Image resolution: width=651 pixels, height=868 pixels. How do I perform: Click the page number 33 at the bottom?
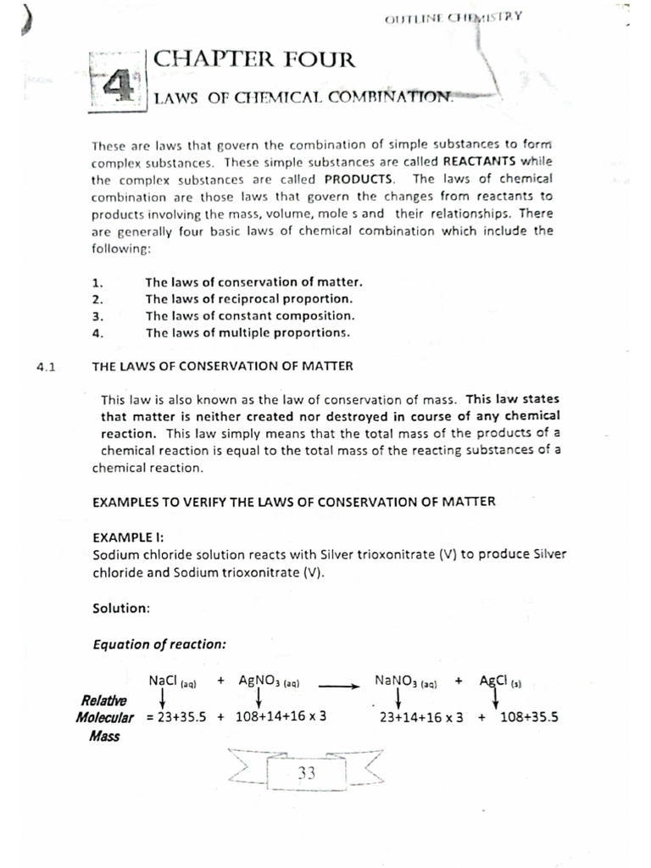[306, 773]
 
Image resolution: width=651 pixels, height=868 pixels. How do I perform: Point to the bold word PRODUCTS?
[359, 179]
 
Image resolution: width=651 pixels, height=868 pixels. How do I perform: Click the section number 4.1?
[46, 366]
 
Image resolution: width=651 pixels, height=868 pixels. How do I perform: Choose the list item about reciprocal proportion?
[248, 298]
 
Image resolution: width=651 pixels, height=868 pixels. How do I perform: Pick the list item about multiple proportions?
[247, 332]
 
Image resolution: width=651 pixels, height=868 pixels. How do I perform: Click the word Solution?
[121, 607]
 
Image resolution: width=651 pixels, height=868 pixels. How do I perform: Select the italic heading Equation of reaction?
[159, 643]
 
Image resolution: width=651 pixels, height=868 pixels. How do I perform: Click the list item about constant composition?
[250, 315]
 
